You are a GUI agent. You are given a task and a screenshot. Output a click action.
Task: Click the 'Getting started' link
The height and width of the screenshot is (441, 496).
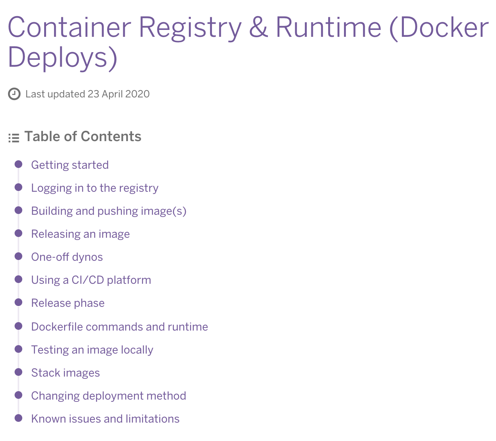pos(70,165)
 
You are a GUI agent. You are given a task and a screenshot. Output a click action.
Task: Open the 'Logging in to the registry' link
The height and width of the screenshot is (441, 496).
pos(95,188)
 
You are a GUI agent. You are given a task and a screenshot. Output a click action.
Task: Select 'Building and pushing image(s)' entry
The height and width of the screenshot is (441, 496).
pos(109,211)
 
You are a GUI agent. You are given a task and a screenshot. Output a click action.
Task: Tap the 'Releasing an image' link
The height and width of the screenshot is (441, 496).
pos(80,234)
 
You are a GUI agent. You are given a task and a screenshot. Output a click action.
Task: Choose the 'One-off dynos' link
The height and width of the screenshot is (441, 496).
pos(67,257)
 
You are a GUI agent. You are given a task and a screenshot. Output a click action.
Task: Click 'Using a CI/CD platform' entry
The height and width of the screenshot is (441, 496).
pos(91,280)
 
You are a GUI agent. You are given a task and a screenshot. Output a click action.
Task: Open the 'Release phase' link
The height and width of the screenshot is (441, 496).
pos(68,303)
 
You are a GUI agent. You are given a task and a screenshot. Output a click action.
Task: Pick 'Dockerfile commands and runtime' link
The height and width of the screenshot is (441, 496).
pos(119,327)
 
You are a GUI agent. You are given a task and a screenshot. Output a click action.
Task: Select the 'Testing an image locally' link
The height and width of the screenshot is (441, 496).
pos(92,350)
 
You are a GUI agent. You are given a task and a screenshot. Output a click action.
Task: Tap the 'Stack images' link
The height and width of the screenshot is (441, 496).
pos(65,373)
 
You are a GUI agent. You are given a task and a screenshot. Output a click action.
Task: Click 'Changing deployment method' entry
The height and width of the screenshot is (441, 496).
pos(109,396)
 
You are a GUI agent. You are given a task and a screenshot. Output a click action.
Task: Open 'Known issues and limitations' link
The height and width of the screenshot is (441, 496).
pos(105,419)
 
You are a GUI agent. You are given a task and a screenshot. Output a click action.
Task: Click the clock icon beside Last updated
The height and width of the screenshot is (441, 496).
pos(14,94)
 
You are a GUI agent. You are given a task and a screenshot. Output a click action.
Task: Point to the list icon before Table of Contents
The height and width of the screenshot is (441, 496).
pos(14,138)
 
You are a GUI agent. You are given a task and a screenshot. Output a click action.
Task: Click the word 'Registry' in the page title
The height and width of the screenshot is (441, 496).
pos(190,28)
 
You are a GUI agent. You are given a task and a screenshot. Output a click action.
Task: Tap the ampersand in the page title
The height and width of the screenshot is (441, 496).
pos(258,28)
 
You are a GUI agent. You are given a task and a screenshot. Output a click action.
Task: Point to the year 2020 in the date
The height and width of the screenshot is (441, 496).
pos(137,94)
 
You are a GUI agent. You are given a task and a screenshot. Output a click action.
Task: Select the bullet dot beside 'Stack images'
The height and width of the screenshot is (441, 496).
pos(18,372)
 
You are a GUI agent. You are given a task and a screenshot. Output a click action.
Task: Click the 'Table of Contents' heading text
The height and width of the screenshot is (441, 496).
pos(83,137)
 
